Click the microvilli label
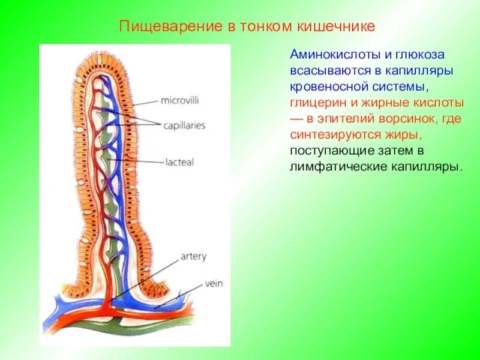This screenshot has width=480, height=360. (179, 99)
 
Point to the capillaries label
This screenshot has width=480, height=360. (184, 125)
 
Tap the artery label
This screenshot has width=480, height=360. (193, 257)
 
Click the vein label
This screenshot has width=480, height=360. (214, 283)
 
